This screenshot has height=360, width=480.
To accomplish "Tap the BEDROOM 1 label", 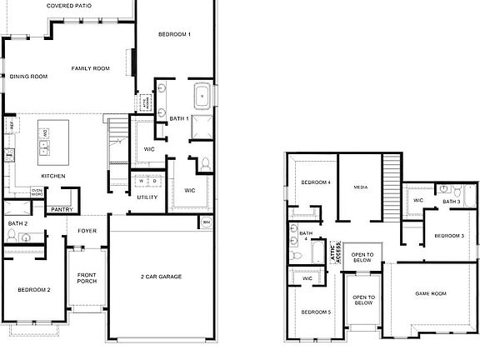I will tap(175, 34).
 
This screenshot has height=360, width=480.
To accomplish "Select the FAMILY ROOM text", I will tap(91, 68).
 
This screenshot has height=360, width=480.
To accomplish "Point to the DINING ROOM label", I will tap(28, 77).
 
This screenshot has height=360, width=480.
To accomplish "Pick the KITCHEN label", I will tap(54, 176).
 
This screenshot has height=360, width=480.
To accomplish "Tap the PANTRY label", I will tap(61, 210).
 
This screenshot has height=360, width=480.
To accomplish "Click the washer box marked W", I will tap(142, 181).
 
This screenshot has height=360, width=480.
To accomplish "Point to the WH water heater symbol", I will tap(205, 222).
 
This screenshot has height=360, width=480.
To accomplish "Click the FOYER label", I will tap(87, 231).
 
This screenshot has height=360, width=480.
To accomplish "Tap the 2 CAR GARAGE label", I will tap(161, 277).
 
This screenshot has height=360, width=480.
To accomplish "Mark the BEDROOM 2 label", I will tap(34, 290).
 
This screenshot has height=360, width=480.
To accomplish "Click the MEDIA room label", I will tap(361, 187).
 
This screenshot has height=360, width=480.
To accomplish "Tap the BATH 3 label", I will tap(452, 202).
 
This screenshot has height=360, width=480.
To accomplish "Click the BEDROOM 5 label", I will tap(316, 312).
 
